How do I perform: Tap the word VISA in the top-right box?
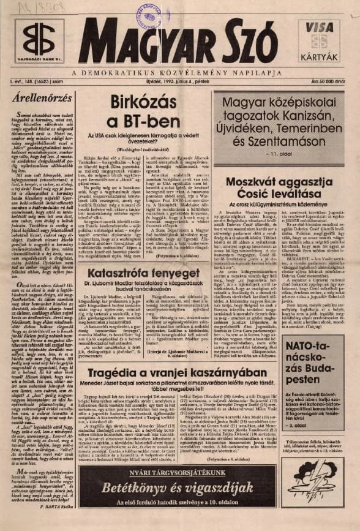point(319,28)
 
